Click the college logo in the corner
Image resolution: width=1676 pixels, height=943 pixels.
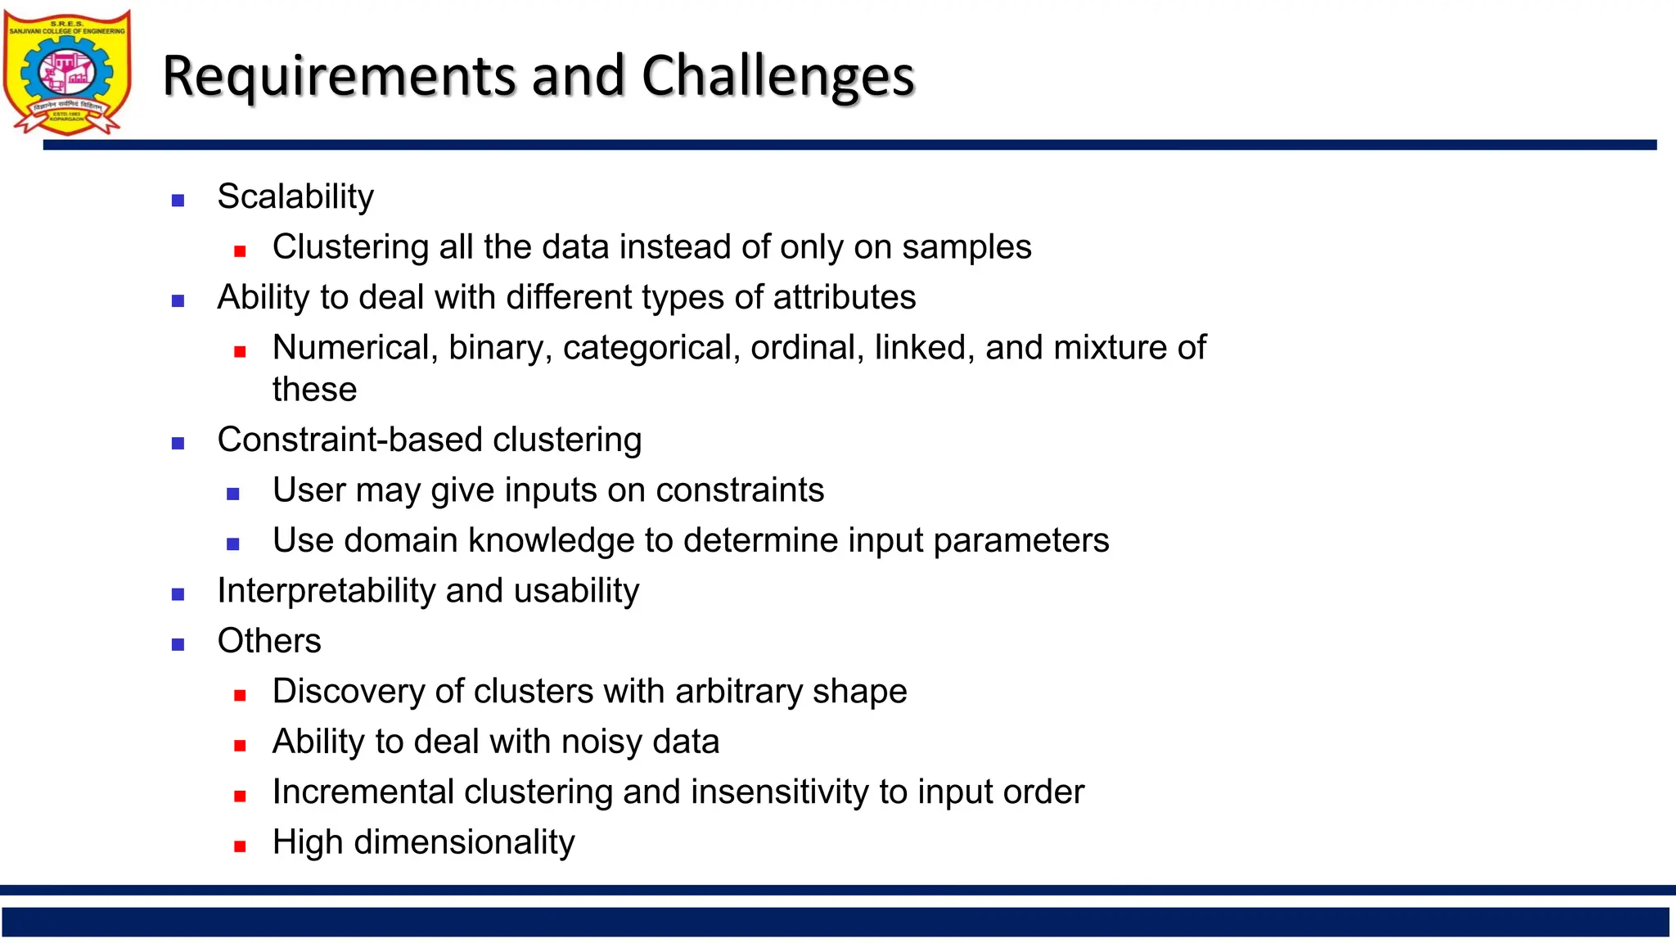67,72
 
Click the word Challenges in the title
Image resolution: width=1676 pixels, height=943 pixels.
777,76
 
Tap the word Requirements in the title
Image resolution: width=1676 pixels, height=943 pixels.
340,76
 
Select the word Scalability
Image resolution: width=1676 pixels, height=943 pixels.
295,196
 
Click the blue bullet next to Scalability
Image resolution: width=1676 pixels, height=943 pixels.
178,201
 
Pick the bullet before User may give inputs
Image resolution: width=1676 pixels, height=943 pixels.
233,494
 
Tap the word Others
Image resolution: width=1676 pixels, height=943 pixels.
269,641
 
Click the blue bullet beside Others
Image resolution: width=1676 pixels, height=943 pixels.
178,644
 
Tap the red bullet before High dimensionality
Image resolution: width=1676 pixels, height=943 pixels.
240,846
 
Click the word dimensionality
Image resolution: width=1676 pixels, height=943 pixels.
464,842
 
